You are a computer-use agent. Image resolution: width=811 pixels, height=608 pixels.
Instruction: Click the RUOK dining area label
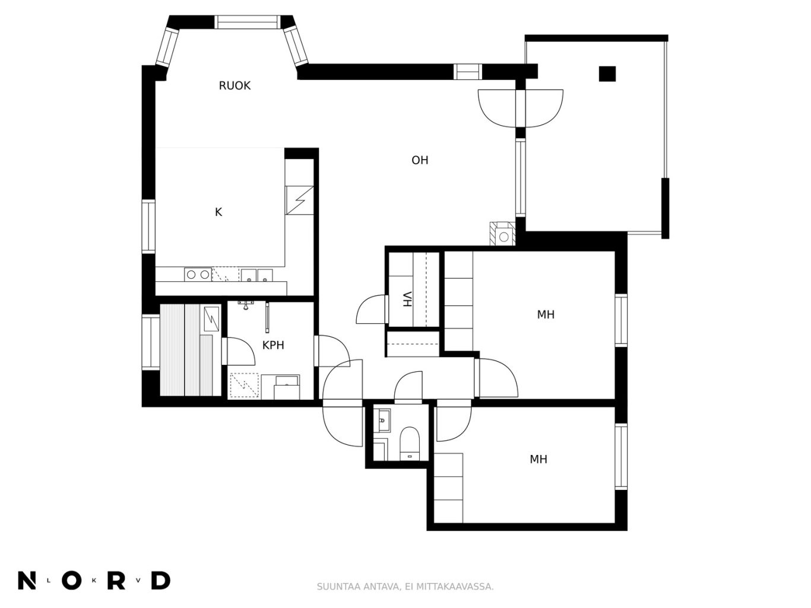[235, 85]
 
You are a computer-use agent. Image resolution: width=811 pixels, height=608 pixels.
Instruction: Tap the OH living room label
[420, 160]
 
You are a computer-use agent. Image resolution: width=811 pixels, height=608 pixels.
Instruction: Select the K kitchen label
[218, 212]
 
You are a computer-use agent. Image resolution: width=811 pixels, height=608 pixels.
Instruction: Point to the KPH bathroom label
[273, 345]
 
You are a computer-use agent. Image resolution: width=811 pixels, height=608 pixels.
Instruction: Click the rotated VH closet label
[407, 299]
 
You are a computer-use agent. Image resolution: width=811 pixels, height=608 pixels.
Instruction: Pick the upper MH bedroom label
[546, 314]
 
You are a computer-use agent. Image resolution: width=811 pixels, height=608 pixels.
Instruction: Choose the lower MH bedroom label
[538, 459]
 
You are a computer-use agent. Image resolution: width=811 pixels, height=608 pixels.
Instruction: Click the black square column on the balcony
[607, 74]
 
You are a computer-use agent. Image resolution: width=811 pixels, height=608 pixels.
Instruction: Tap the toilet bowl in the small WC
[410, 443]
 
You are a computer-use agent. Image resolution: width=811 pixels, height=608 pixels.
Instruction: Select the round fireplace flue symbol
[503, 237]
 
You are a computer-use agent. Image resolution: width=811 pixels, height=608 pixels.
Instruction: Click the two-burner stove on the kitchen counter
[198, 275]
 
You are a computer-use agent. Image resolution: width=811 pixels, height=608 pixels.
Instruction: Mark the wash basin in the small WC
[382, 420]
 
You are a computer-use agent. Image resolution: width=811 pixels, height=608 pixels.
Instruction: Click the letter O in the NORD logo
[72, 581]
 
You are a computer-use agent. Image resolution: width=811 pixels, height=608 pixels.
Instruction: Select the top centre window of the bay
[247, 22]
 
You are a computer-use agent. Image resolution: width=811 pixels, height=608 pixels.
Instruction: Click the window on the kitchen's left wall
[148, 226]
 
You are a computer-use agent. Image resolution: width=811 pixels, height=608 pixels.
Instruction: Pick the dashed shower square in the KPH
[244, 385]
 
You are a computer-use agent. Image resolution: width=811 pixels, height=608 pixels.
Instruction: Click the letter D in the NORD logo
[161, 581]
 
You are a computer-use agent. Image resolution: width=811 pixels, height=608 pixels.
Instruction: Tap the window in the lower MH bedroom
[621, 457]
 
